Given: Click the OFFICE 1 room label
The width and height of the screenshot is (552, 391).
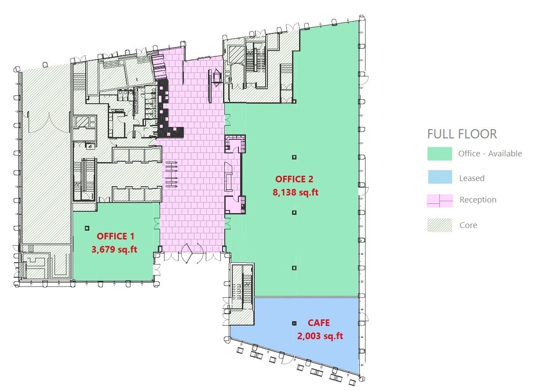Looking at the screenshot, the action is click(x=115, y=236).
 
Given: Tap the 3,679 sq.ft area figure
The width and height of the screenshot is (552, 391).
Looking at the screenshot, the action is click(x=114, y=249).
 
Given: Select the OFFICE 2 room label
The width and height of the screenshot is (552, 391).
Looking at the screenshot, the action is click(x=294, y=179).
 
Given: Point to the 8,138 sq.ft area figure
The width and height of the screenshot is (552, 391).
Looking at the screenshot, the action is click(x=296, y=192).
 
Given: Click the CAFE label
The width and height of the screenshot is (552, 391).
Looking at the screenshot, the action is click(x=318, y=323).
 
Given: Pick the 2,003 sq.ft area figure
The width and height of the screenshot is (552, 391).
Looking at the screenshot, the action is click(x=320, y=336).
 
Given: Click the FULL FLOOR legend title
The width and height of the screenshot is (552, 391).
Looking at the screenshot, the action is click(x=462, y=134).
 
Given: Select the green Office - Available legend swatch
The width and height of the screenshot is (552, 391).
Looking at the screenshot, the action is click(x=440, y=154).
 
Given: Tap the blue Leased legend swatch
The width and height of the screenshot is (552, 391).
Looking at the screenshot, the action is click(x=440, y=177).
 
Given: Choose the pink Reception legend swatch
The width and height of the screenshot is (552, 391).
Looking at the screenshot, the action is click(x=440, y=200).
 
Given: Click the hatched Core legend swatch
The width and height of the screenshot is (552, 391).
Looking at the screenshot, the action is click(x=440, y=225).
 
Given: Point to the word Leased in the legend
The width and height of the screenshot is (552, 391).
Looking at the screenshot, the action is click(x=472, y=178).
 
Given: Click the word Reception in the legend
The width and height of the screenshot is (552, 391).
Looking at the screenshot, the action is click(x=478, y=200).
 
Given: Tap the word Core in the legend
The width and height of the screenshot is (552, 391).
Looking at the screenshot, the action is click(x=468, y=225).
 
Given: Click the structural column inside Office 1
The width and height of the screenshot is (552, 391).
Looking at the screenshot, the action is click(x=87, y=228).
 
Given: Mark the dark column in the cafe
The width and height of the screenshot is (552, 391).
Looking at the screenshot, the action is click(x=294, y=323).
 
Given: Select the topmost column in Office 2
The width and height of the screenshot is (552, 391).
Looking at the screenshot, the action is click(x=294, y=157).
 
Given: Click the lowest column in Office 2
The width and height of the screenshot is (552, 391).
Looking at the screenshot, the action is click(x=294, y=268).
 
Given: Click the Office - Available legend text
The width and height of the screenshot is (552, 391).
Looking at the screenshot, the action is click(x=490, y=154).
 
